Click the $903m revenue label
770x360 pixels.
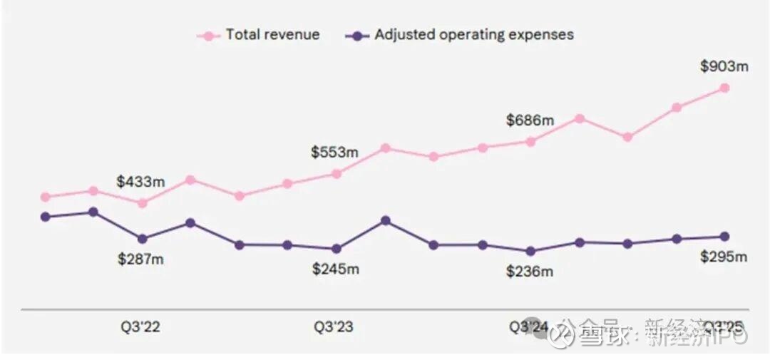point(724,66)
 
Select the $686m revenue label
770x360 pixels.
point(530,120)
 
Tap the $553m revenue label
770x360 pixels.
point(334,152)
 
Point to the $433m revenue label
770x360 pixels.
point(140,182)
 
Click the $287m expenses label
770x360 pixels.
point(140,259)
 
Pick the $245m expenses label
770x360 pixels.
point(336,269)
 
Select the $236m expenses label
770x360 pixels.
point(530,272)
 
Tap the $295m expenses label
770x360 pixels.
point(724,257)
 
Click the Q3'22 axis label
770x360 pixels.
point(140,327)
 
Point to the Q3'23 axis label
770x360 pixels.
point(334,327)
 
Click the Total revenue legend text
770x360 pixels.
point(272,34)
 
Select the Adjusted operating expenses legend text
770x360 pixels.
point(473,34)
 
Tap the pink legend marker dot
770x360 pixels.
point(208,35)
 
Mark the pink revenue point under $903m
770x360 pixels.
point(724,88)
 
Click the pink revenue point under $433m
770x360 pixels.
point(142,202)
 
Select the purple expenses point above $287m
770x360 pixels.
point(142,239)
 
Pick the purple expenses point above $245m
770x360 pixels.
point(337,249)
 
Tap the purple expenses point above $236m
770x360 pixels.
point(530,251)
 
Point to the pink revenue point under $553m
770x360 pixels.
point(337,173)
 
